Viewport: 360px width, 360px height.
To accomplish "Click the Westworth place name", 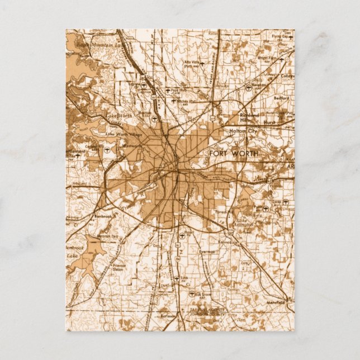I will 132,146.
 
